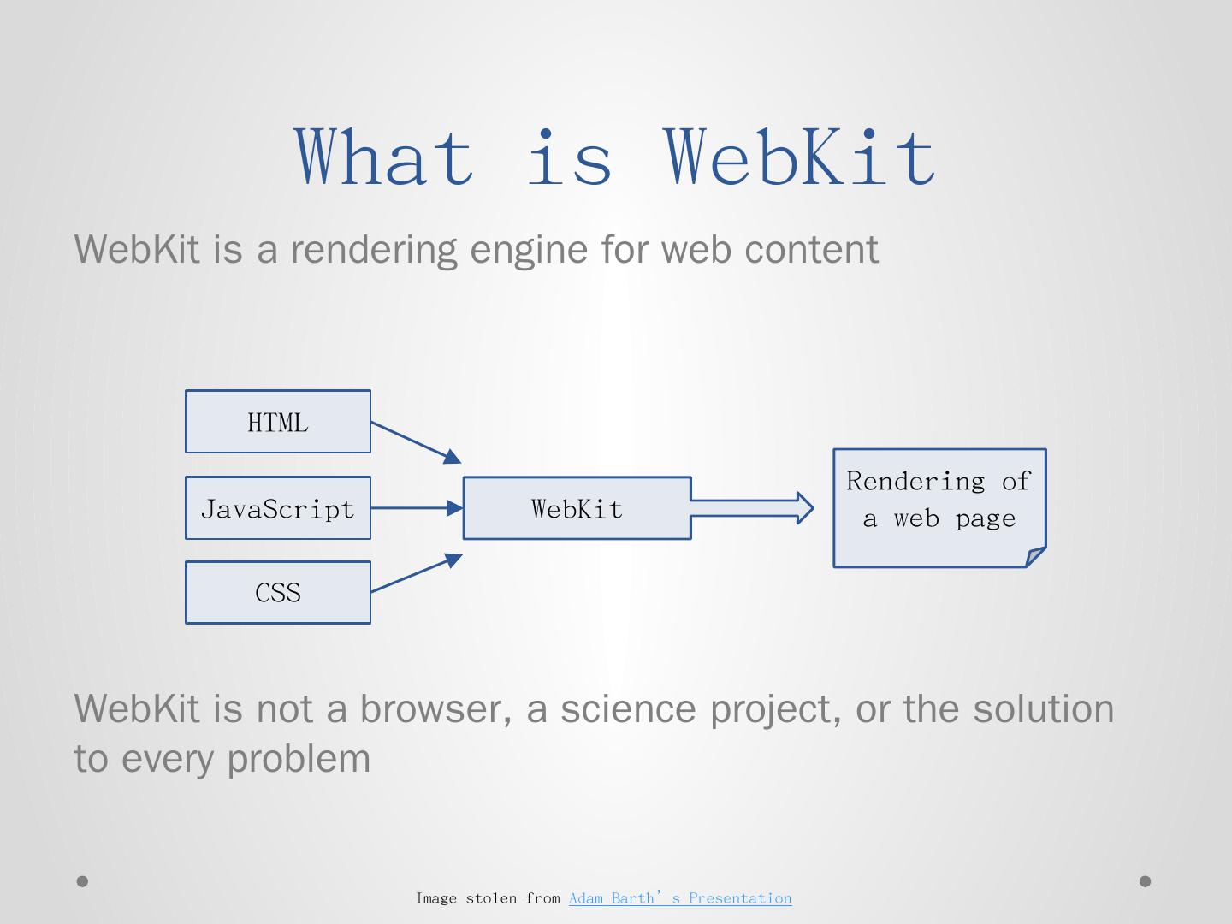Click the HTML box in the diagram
(x=278, y=422)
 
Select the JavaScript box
(x=278, y=508)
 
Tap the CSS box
(x=278, y=592)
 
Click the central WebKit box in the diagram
(x=577, y=508)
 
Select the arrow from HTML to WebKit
(x=416, y=441)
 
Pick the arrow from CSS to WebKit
(x=416, y=573)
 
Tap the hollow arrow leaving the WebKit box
(x=751, y=508)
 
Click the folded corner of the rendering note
(x=1036, y=557)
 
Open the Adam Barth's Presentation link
(x=680, y=898)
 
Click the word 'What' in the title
(x=384, y=157)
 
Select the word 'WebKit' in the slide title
(x=801, y=157)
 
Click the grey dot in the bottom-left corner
(x=83, y=881)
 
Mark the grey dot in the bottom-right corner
(x=1146, y=881)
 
